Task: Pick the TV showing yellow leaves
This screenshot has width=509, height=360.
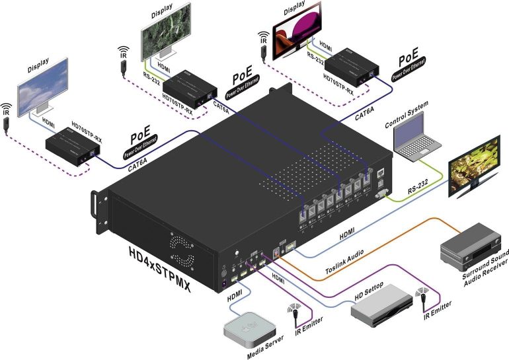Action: click(x=475, y=168)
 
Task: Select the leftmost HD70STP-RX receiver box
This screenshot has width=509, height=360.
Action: click(x=69, y=143)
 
